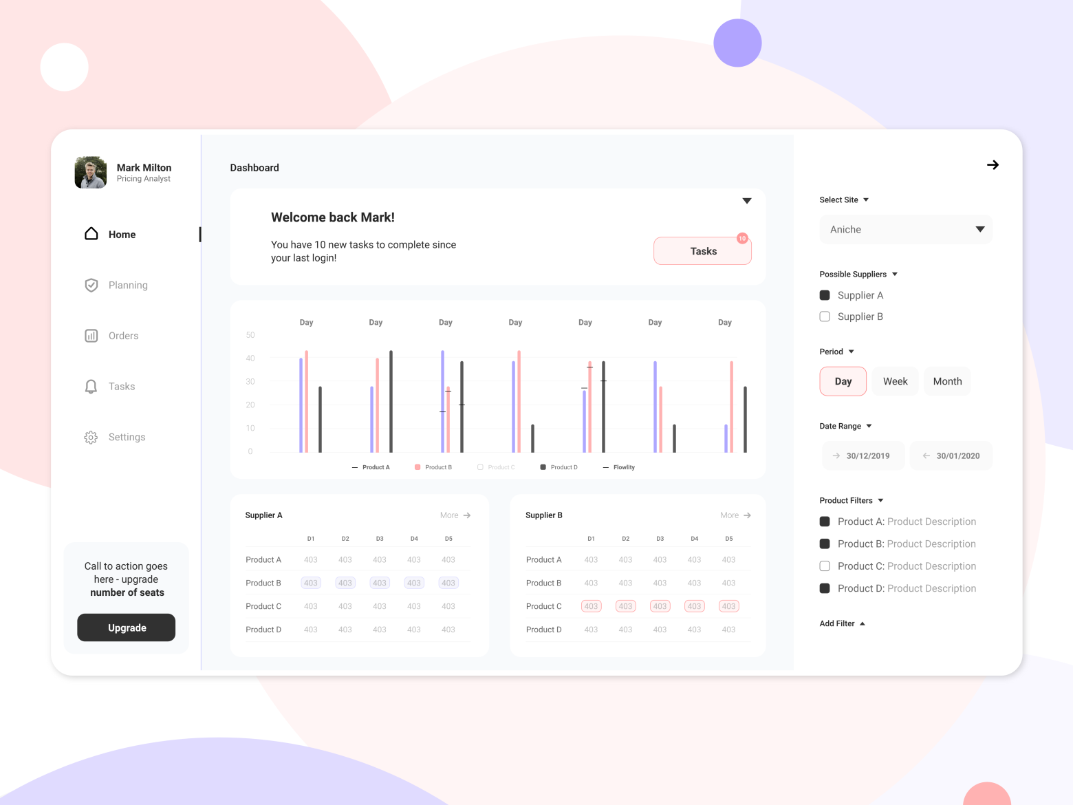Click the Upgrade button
(x=127, y=627)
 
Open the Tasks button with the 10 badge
(x=702, y=251)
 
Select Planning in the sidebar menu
(x=128, y=285)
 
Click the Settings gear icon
(x=91, y=437)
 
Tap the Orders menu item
(x=123, y=336)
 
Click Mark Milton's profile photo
(x=91, y=172)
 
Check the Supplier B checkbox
(x=825, y=316)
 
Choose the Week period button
(x=895, y=381)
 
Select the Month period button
(x=947, y=381)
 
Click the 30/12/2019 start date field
(x=864, y=455)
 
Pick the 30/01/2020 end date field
(x=952, y=455)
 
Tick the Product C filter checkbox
(x=825, y=566)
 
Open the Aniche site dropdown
(x=906, y=230)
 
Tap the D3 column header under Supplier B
(x=660, y=539)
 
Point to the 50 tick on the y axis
(x=250, y=335)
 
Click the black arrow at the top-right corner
(x=993, y=165)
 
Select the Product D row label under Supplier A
(x=263, y=630)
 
